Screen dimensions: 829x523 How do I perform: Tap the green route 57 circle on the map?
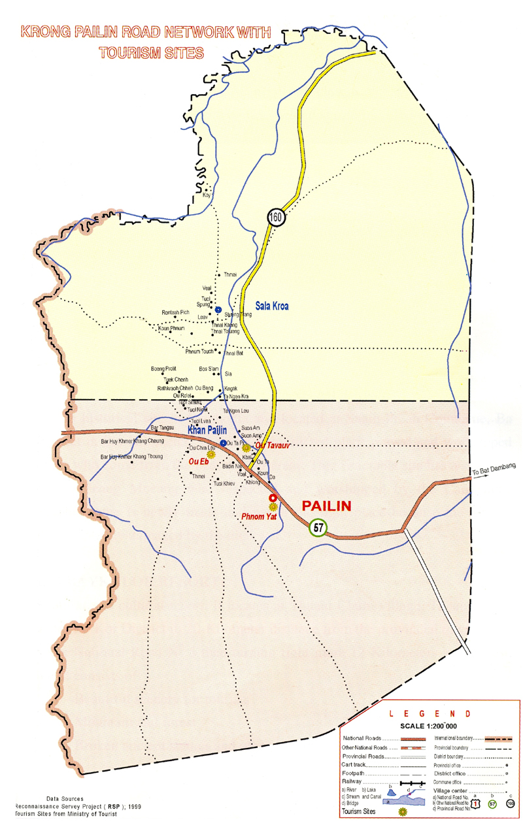(318, 527)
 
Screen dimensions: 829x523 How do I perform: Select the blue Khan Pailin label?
(207, 430)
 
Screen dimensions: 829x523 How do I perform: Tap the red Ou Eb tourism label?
(198, 462)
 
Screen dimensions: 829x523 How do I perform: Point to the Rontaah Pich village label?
(176, 313)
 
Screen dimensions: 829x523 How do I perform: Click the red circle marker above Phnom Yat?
(273, 498)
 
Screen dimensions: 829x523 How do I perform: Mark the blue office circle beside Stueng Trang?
(218, 310)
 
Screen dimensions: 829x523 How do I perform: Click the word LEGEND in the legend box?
(428, 714)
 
